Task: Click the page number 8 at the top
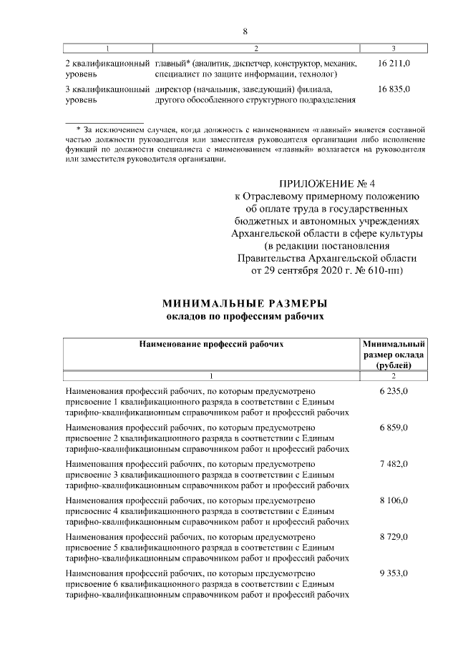pyautogui.click(x=245, y=31)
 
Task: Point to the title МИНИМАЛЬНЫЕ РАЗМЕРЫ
pyautogui.click(x=245, y=303)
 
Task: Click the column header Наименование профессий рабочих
pyautogui.click(x=211, y=344)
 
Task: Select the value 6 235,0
pyautogui.click(x=394, y=392)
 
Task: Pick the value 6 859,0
pyautogui.click(x=394, y=427)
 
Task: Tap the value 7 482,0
pyautogui.click(x=394, y=464)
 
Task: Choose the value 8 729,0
pyautogui.click(x=394, y=536)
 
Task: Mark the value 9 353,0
pyautogui.click(x=394, y=573)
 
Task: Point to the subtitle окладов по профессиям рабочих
pyautogui.click(x=245, y=315)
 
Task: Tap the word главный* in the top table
pyautogui.click(x=172, y=63)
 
